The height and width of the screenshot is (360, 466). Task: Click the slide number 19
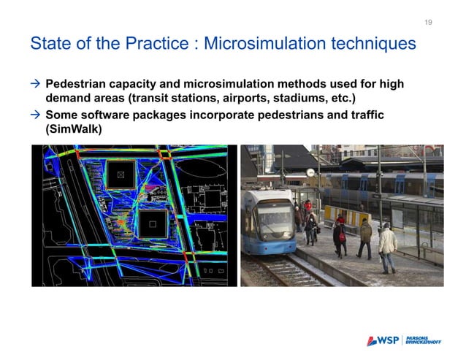pyautogui.click(x=429, y=23)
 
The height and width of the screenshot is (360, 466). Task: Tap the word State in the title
pyautogui.click(x=50, y=45)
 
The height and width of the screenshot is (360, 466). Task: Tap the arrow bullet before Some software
pyautogui.click(x=34, y=115)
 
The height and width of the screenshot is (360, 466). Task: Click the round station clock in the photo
pyautogui.click(x=310, y=172)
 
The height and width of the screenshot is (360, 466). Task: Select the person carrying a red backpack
pyautogui.click(x=340, y=234)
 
